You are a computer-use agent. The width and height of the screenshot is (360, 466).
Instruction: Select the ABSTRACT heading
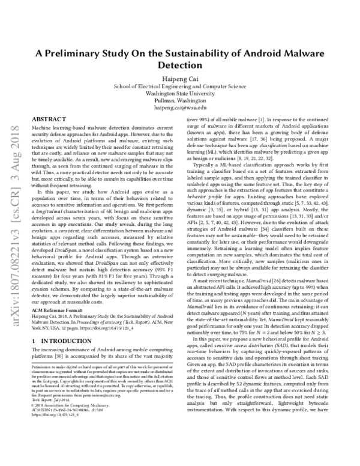coord(47,120)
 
